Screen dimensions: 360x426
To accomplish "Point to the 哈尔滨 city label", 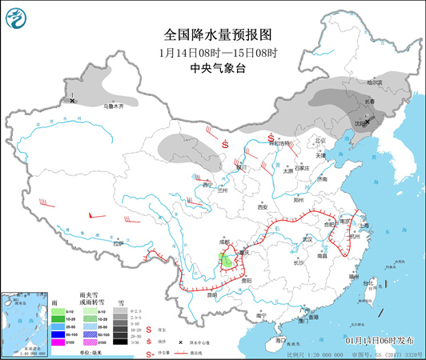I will point(375,82).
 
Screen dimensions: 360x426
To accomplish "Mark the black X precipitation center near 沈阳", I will point(366,122).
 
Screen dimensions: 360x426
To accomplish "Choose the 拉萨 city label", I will point(119,243).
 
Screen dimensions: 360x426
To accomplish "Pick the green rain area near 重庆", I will point(227,260).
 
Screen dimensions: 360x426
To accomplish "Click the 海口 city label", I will point(279,341).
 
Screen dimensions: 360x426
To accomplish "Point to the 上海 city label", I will point(364,225).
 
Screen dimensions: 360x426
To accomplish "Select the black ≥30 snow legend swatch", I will point(119,342).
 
